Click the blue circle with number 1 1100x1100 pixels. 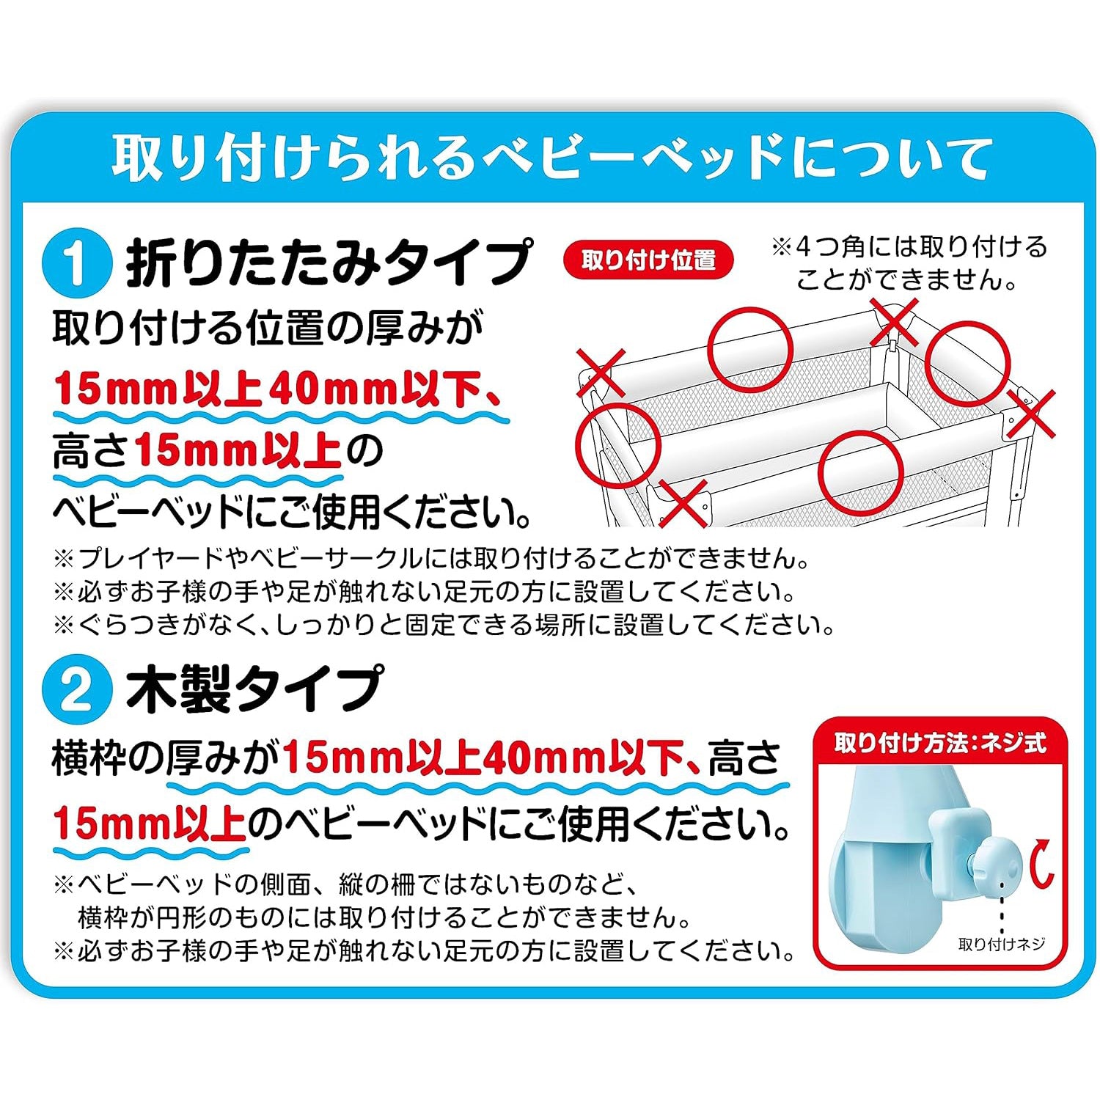coord(77,262)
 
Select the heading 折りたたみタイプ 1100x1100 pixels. coord(328,262)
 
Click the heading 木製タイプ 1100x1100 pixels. coord(254,690)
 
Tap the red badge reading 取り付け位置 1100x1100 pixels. coord(648,260)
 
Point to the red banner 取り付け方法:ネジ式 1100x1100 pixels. coord(939,743)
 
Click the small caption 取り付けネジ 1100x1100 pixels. coord(1001,944)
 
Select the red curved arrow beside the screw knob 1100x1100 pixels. coord(1041,866)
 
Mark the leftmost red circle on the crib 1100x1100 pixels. coord(617,444)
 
